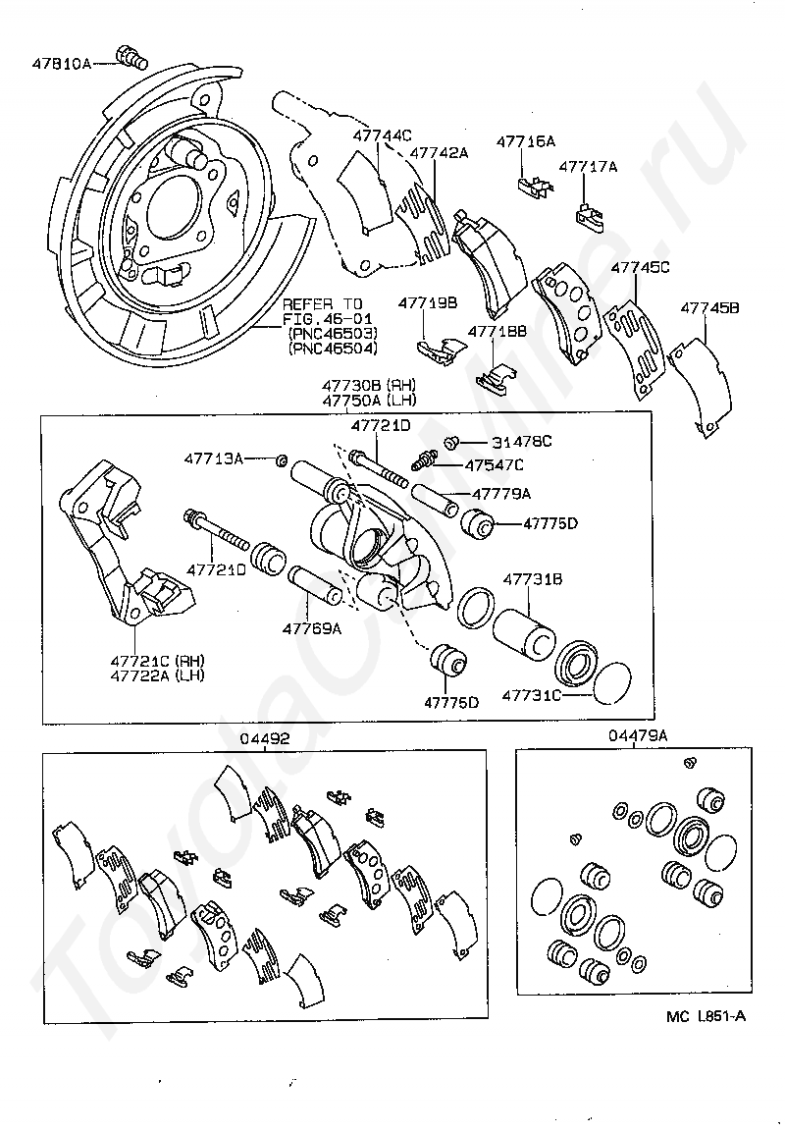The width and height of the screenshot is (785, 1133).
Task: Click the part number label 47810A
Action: [x=62, y=63]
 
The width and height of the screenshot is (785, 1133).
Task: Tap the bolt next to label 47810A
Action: [x=131, y=57]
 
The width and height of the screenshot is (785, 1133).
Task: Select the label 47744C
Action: [x=382, y=135]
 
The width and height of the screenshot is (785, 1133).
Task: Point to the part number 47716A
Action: [x=526, y=141]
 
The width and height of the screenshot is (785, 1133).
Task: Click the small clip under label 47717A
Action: [x=589, y=216]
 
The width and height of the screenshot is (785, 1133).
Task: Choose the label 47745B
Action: [x=709, y=308]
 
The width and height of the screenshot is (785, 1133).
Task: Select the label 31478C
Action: [x=521, y=442]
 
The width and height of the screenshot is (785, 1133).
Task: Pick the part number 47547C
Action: [x=495, y=465]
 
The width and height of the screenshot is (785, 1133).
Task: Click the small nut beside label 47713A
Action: [x=284, y=459]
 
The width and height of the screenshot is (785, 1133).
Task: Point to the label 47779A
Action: [x=501, y=494]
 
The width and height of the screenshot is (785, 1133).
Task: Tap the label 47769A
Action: [x=312, y=628]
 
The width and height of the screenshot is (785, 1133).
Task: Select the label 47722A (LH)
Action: [x=157, y=675]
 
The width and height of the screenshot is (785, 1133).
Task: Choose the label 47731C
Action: [x=532, y=695]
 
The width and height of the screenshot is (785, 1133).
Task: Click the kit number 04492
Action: [x=265, y=738]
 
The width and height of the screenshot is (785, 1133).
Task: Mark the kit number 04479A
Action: [x=638, y=735]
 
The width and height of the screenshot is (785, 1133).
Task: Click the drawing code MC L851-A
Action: [x=706, y=1017]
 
